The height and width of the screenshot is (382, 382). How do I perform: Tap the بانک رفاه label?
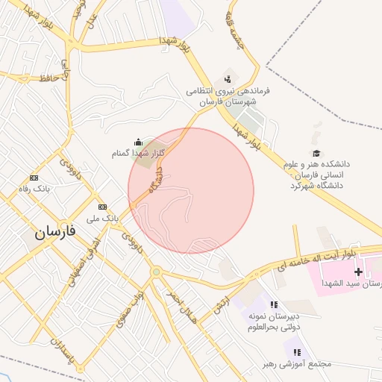(34, 190)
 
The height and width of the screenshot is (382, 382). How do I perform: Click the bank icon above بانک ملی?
(102, 207)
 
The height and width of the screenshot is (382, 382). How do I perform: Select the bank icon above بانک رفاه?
(34, 178)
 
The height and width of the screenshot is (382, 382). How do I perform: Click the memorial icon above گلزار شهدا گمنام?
(137, 142)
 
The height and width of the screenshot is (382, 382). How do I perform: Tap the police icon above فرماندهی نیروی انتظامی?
(228, 78)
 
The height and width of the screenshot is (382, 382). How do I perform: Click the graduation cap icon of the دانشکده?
(316, 153)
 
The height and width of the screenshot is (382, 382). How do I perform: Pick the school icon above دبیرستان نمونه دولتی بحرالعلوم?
(274, 304)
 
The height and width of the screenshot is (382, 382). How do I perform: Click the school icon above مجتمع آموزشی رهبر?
(296, 351)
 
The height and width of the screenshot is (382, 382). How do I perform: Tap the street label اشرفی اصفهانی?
(81, 265)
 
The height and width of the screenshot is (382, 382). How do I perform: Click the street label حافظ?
(46, 78)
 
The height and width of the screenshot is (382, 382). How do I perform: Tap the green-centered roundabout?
(156, 272)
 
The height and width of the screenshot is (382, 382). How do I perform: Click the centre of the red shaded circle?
(191, 191)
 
